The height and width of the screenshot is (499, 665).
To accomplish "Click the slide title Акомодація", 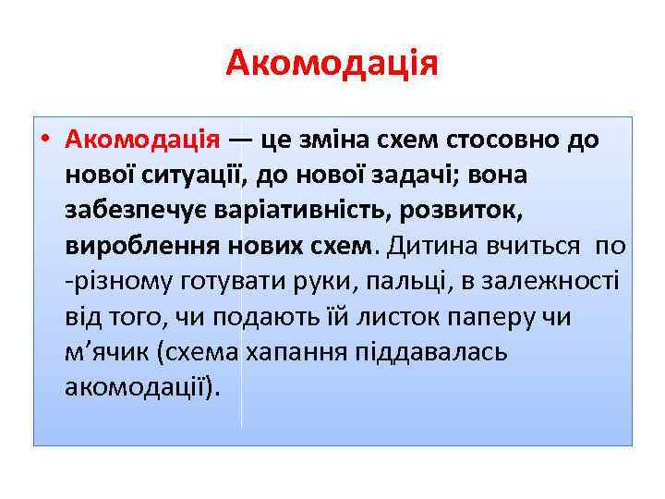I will pos(332,64).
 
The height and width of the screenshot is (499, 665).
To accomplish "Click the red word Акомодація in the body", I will pos(142,140).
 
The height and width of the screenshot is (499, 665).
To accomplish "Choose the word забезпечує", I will pos(134,210).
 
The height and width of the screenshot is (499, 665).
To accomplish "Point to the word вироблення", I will pos(127,246).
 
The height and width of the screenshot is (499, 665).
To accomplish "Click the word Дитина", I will pos(428,246).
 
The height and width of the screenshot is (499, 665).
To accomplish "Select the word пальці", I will pos(380,281).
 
